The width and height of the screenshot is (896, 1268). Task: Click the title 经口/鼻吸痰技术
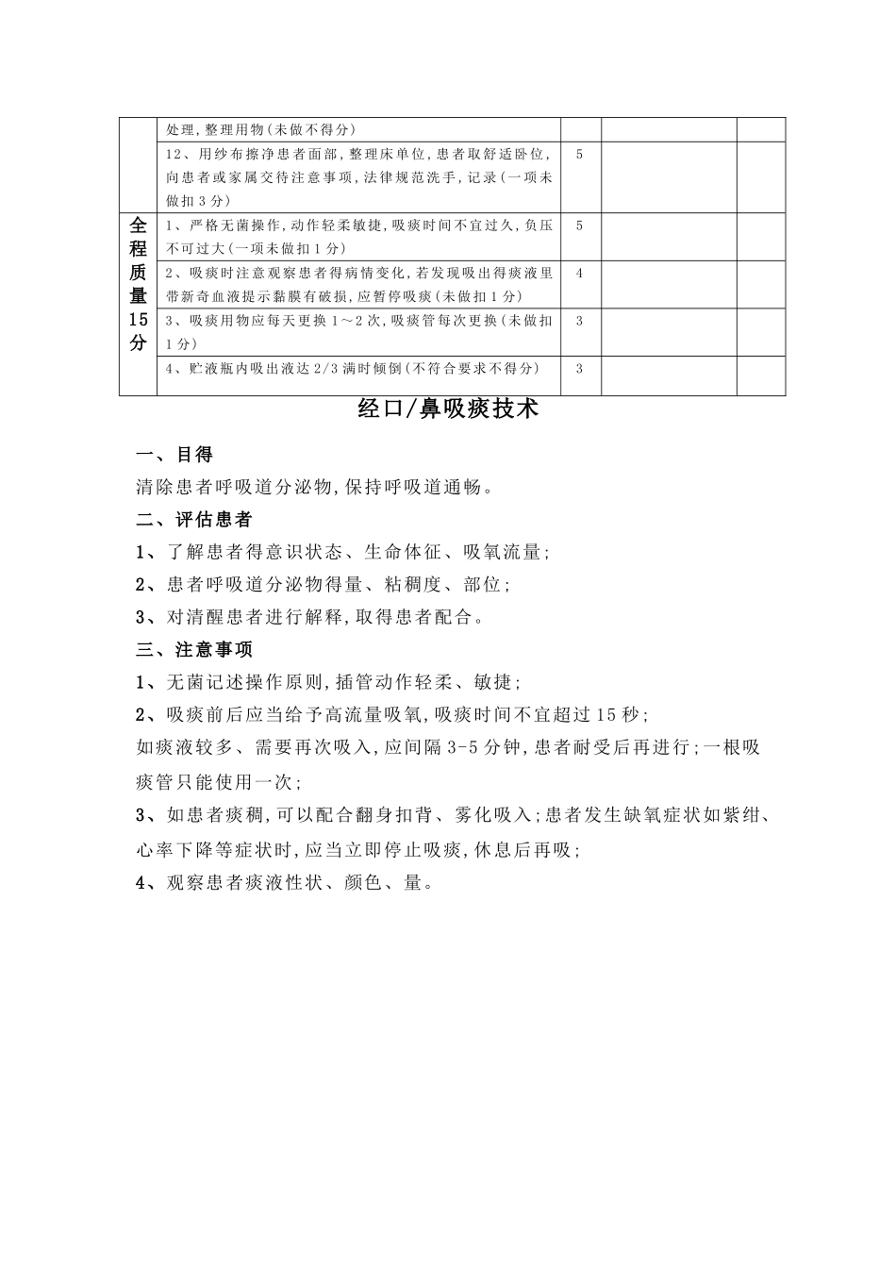[448, 409]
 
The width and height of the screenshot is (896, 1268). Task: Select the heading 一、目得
[174, 455]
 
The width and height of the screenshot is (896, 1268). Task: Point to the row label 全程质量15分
[138, 284]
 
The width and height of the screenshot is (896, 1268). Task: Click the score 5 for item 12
[579, 154]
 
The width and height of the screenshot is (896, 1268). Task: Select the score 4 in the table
[579, 274]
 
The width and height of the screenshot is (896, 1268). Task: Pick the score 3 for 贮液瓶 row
[579, 369]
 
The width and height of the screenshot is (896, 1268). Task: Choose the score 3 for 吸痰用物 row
[579, 321]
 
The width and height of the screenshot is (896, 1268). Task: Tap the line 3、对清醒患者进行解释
[310, 618]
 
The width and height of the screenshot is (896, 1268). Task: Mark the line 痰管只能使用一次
[218, 782]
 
